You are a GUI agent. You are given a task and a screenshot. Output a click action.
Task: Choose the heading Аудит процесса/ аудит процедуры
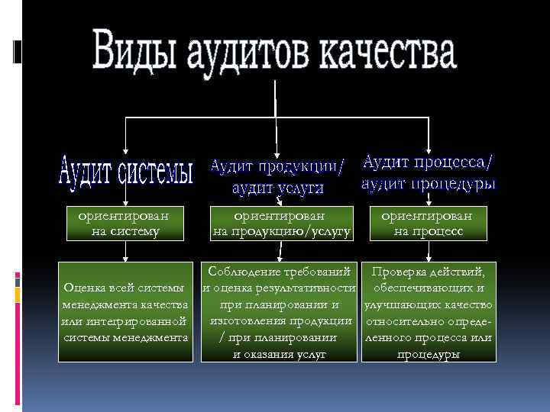pos(429,172)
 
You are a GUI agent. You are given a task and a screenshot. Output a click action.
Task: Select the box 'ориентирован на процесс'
pos(428,223)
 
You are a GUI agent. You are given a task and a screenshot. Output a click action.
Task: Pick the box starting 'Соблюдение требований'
pos(280,312)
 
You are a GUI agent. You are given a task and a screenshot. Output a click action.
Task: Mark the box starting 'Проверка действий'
pos(428,312)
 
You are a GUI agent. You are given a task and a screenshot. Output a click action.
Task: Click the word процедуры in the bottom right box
pos(429,354)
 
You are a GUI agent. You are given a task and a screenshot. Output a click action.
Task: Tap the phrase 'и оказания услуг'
pos(280,354)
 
